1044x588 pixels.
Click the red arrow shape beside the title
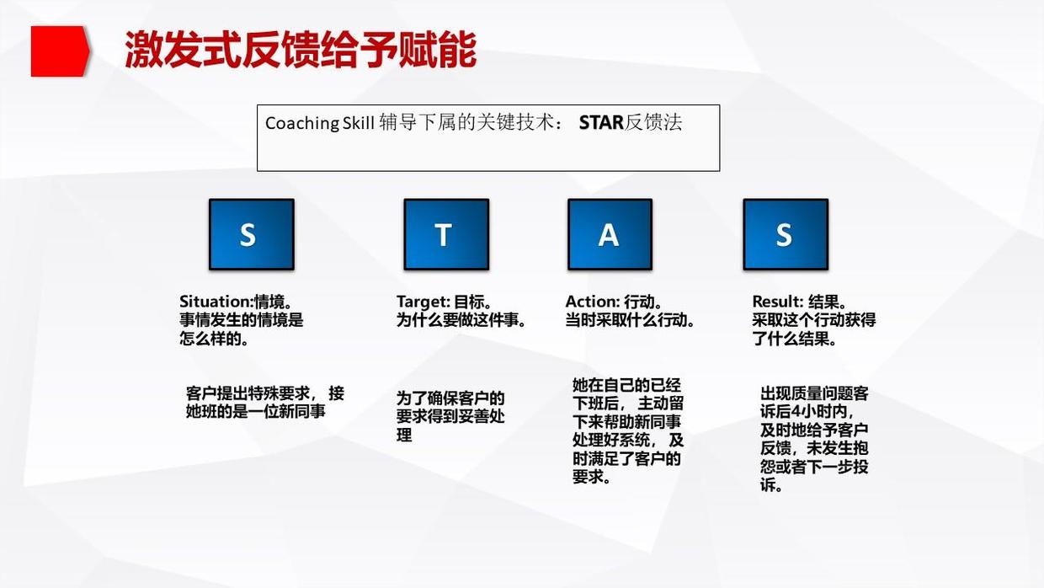click(x=59, y=51)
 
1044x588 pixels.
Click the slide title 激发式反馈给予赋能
click(x=300, y=51)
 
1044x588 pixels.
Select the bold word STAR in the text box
click(x=600, y=123)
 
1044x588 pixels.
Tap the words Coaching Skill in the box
click(x=319, y=123)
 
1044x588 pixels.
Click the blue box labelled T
click(x=445, y=234)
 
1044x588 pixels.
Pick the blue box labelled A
click(x=610, y=234)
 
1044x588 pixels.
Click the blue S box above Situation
click(x=251, y=234)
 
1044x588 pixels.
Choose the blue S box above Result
click(x=785, y=234)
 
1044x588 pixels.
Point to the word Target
click(x=422, y=302)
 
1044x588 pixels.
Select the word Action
click(x=592, y=302)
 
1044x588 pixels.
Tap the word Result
click(x=776, y=302)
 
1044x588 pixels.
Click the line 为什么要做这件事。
click(x=461, y=320)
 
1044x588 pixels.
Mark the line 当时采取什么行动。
click(x=630, y=320)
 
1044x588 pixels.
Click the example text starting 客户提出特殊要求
click(x=264, y=403)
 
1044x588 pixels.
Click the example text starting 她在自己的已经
click(x=627, y=430)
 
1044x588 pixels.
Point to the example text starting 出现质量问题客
click(x=813, y=439)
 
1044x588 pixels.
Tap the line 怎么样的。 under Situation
click(x=214, y=339)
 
